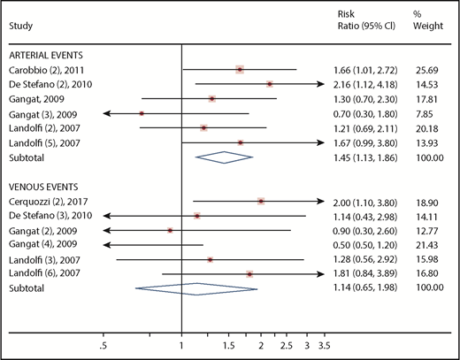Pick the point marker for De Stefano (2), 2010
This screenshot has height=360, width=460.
[x=270, y=84]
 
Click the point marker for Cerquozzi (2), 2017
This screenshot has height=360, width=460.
[x=261, y=201]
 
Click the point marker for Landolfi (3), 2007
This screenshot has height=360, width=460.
[x=210, y=259]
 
